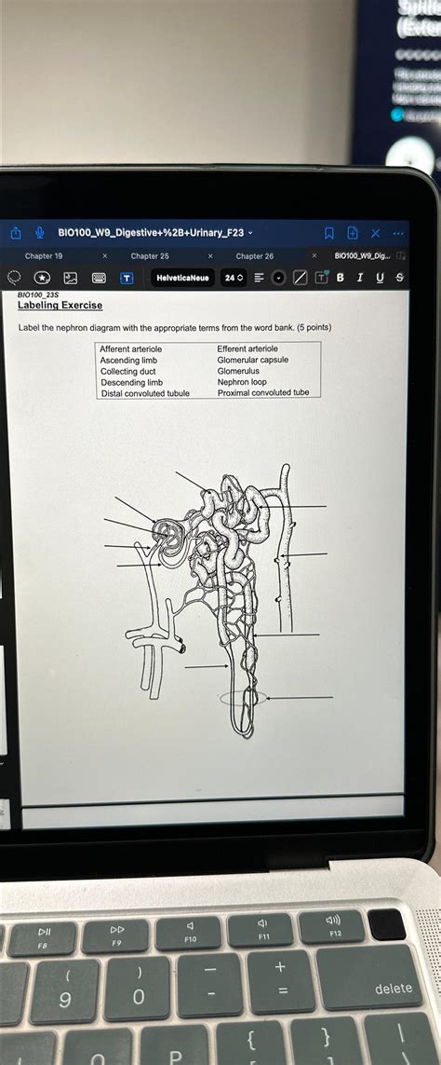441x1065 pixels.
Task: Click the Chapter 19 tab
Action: (44, 255)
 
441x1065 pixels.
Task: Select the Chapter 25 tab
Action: (150, 255)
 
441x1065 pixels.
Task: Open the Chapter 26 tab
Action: (255, 255)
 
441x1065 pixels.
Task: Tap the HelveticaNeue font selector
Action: (182, 278)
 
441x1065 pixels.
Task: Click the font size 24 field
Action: (234, 278)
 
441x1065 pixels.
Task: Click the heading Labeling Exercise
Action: (60, 306)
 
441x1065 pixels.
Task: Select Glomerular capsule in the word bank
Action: (253, 360)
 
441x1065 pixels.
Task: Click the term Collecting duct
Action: (128, 371)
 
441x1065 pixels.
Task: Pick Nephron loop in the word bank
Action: (242, 382)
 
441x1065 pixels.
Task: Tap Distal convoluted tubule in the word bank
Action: (145, 393)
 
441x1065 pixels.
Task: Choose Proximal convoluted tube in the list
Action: (263, 392)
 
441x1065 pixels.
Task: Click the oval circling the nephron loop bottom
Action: (244, 697)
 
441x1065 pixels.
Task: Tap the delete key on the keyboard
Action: (393, 989)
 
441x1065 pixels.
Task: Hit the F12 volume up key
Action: (334, 925)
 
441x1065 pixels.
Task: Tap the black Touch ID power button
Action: (387, 924)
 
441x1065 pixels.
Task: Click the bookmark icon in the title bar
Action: (328, 233)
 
